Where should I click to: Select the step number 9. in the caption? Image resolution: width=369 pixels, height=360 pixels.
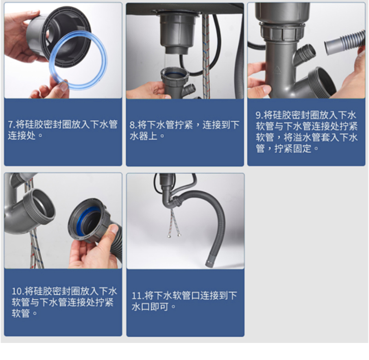tap(259, 115)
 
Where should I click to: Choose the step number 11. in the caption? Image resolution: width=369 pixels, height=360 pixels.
tap(137, 295)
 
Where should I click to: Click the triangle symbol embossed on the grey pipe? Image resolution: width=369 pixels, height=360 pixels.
tap(278, 70)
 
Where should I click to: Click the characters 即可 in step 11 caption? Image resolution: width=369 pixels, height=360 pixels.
tap(159, 307)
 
